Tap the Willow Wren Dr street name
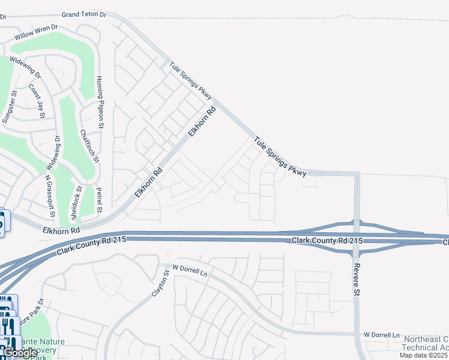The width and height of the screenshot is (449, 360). tap(36, 32)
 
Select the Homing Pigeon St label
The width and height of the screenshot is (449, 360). tap(101, 102)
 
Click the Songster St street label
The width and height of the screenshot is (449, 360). tap(10, 109)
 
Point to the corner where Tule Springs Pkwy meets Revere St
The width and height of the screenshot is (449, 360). tap(357, 174)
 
